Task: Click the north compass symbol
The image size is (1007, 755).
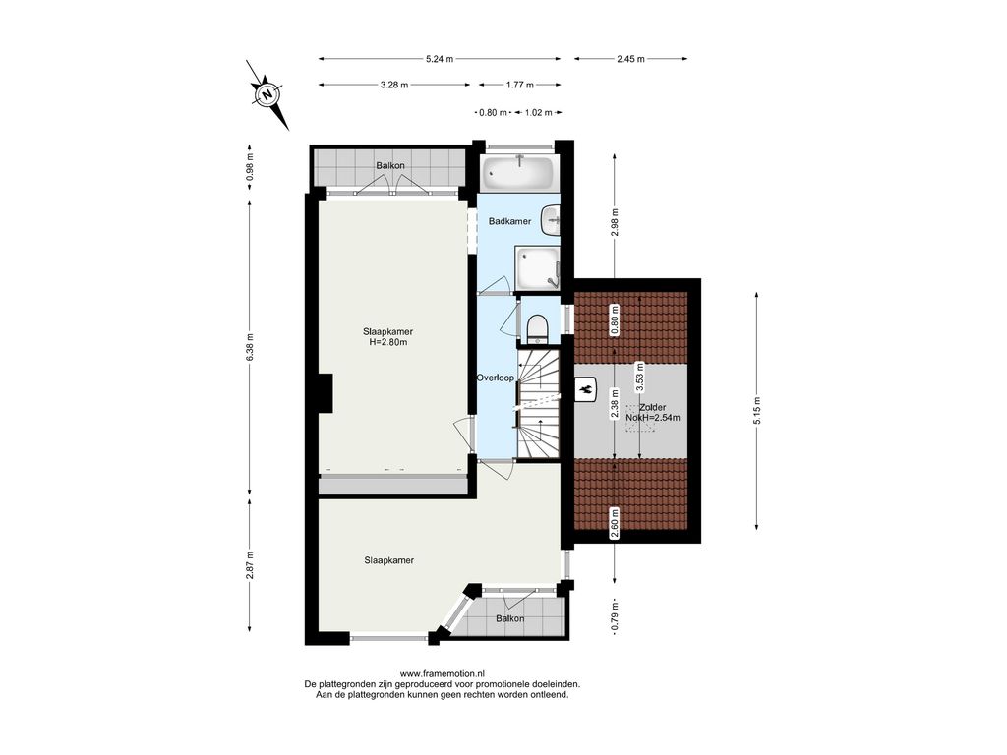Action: [x=267, y=95]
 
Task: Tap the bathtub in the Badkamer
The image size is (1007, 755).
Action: [x=518, y=172]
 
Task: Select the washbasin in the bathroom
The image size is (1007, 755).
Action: [x=551, y=220]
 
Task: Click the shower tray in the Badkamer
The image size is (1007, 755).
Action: [x=536, y=267]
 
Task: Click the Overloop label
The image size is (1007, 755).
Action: [x=496, y=378]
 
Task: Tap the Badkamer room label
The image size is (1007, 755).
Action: [x=510, y=221]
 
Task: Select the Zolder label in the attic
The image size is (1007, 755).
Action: [x=653, y=407]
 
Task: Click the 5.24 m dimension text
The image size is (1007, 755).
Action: [x=440, y=59]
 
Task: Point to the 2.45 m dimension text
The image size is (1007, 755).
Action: [x=630, y=59]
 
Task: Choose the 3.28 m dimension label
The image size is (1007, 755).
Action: [x=394, y=85]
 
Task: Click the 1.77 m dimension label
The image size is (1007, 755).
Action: [x=520, y=85]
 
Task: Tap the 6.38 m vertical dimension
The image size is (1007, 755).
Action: [x=250, y=347]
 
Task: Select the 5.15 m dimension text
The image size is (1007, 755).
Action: [x=757, y=411]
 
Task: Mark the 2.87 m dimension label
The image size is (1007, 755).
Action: [x=250, y=565]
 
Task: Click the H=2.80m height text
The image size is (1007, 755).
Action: [x=387, y=342]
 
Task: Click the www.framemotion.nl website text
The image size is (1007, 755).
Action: [x=442, y=673]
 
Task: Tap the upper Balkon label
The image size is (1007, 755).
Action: [x=390, y=165]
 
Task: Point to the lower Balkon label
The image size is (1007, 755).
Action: [x=510, y=619]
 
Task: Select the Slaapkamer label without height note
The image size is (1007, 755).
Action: [x=389, y=560]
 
